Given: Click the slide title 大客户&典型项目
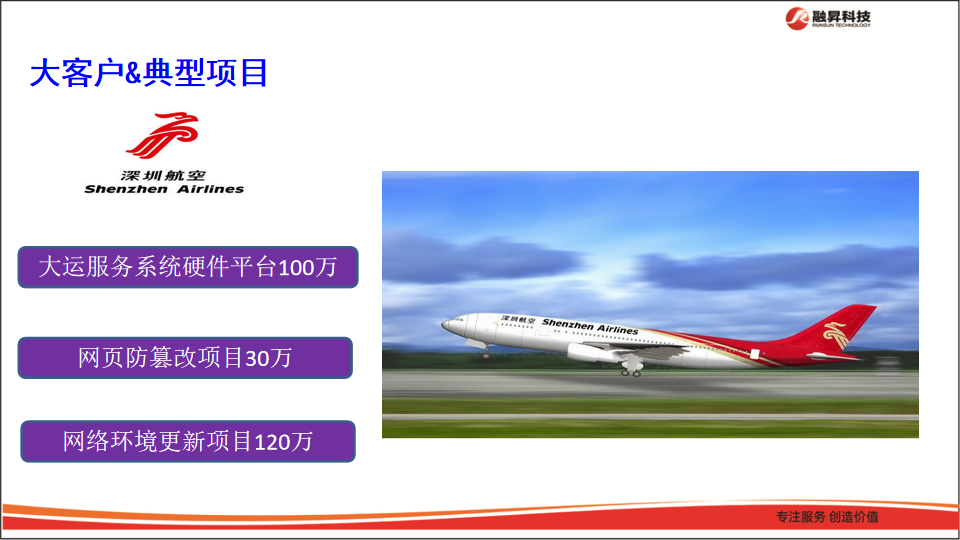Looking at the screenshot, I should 149,73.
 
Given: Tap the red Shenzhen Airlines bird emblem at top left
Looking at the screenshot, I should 163,136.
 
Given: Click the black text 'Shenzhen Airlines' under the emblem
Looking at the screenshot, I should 164,189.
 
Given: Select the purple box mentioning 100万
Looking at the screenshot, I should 188,267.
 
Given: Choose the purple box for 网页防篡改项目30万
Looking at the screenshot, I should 185,358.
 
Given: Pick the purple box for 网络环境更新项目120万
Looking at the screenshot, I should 188,441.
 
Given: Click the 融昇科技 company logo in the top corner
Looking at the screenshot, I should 827,17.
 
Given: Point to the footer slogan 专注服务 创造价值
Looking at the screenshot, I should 827,516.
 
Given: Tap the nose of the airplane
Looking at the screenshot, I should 446,324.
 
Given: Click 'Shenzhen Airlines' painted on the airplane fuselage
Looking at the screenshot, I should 590,327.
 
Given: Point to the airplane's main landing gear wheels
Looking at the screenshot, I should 631,371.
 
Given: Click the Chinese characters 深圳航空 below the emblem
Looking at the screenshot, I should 163,175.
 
